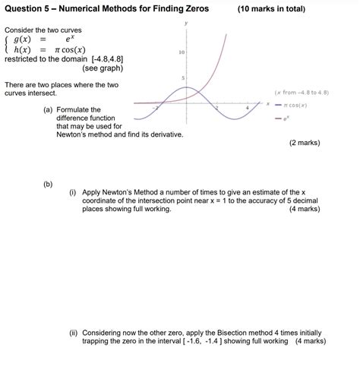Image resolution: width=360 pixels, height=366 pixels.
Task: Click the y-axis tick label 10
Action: tap(181, 52)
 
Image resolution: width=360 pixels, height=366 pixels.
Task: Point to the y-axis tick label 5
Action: tap(182, 78)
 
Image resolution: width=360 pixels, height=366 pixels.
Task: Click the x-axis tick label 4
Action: tap(246, 109)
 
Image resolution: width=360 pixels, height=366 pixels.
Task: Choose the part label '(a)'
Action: tap(49, 110)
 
